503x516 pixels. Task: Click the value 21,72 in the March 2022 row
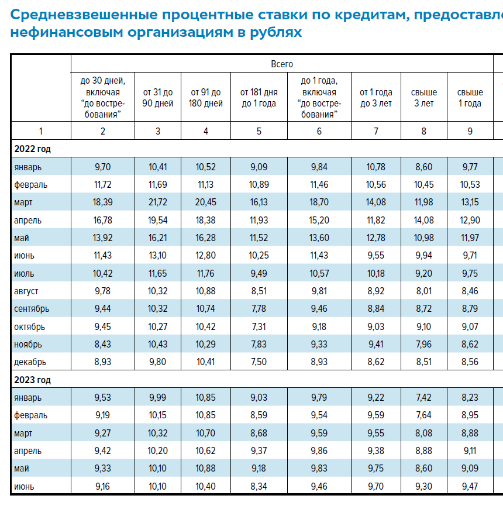(158, 202)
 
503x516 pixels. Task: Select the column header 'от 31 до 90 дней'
(158, 98)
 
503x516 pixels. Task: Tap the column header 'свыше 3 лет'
(424, 98)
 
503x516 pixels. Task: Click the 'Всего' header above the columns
(282, 64)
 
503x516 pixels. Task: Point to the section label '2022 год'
(33, 149)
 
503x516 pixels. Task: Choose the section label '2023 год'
(33, 380)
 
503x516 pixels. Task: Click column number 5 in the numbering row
(259, 131)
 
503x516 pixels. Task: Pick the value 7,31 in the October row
(259, 326)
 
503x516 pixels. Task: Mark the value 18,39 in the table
(103, 202)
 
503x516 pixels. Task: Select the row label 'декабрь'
(30, 362)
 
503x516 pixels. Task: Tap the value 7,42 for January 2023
(424, 398)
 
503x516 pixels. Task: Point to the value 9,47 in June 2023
(470, 486)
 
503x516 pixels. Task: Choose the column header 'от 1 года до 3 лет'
(376, 98)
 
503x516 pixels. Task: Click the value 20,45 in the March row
(206, 202)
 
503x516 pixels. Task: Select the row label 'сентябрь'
(32, 309)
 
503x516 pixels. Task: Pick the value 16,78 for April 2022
(103, 220)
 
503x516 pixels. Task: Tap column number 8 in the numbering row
(424, 131)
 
